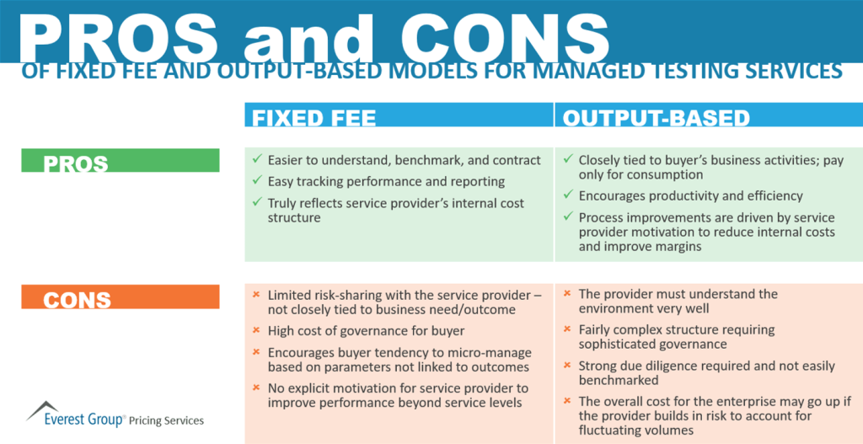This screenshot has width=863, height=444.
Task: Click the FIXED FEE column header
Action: pyautogui.click(x=314, y=118)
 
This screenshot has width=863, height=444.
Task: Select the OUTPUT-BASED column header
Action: pyautogui.click(x=657, y=118)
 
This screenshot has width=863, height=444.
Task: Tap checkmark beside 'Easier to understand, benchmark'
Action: pyautogui.click(x=256, y=160)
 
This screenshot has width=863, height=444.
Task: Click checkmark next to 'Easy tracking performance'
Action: pyautogui.click(x=256, y=181)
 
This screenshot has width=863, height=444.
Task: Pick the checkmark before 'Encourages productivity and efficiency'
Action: pyautogui.click(x=567, y=195)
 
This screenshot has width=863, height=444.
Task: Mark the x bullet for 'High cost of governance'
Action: pyautogui.click(x=256, y=331)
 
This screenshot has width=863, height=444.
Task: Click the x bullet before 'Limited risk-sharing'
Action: pyautogui.click(x=256, y=295)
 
